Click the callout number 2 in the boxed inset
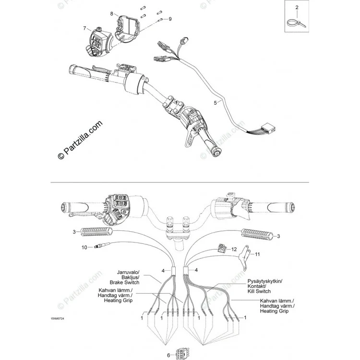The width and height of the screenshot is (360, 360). [297, 7]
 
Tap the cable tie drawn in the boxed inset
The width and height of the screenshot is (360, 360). [297, 23]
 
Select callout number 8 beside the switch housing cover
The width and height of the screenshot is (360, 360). [111, 13]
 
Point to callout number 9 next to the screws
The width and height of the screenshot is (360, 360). [170, 19]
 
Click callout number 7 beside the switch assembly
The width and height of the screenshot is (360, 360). [84, 28]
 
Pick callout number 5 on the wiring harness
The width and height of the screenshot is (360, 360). [215, 103]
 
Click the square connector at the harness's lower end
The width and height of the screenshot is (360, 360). [269, 128]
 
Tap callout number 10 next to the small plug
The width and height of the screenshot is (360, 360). [84, 247]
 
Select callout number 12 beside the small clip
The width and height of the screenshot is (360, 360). [234, 249]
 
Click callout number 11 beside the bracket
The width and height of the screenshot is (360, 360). [257, 254]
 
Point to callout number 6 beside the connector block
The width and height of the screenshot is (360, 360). [168, 355]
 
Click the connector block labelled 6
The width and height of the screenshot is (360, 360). [182, 354]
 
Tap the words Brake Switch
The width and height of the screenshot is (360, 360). [124, 282]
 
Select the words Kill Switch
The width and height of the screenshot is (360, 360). [259, 291]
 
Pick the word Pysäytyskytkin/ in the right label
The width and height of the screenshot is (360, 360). [265, 281]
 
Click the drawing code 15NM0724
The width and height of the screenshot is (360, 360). [58, 318]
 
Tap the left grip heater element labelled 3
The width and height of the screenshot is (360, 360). [96, 232]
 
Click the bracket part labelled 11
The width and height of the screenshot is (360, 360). [244, 257]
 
